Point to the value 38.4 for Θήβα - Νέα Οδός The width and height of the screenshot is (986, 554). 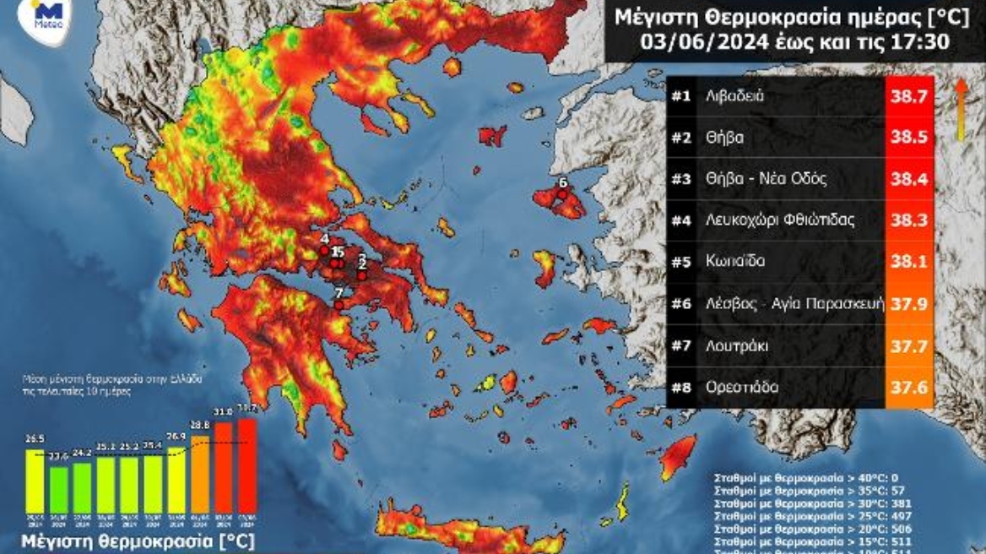click(909, 179)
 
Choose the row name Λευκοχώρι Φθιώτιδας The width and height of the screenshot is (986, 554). click(781, 220)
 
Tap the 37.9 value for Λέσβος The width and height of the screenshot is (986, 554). click(909, 303)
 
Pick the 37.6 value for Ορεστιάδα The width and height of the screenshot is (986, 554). click(909, 387)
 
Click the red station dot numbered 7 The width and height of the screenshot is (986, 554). click(339, 306)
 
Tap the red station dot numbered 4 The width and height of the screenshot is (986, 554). click(324, 250)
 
